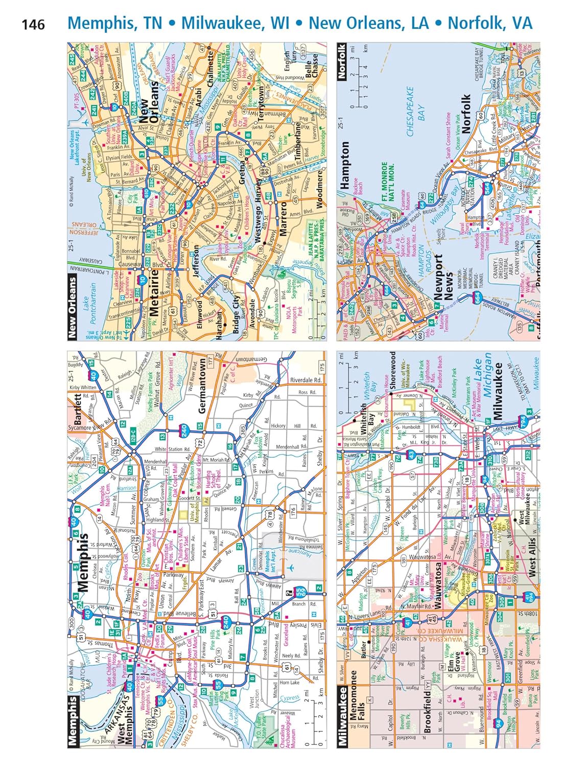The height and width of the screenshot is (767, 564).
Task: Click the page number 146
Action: (x=33, y=24)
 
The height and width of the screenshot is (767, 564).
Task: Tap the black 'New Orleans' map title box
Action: (x=73, y=307)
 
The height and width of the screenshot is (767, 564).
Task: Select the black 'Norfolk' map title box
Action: (x=342, y=61)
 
